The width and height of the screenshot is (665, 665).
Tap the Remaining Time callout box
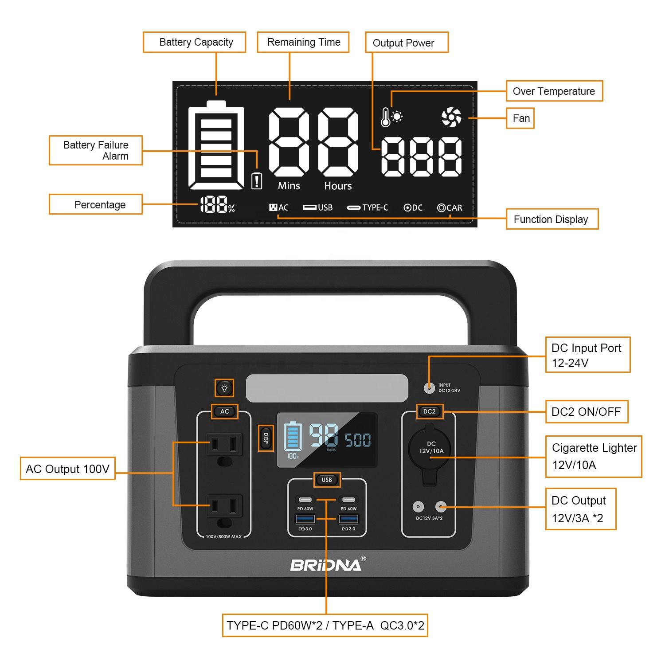tap(303, 43)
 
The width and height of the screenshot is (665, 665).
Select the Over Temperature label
tap(554, 91)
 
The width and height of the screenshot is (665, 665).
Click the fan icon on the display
tap(451, 117)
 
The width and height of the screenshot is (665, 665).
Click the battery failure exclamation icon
tap(257, 181)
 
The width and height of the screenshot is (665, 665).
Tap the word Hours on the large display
tap(338, 186)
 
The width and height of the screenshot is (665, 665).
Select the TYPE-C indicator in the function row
tap(368, 207)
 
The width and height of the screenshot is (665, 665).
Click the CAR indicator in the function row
tap(450, 207)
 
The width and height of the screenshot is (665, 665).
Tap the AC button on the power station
tap(225, 411)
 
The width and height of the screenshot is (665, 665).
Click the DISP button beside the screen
tap(266, 438)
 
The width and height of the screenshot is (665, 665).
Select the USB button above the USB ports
tap(327, 480)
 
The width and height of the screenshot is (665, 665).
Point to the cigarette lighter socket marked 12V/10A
tap(429, 448)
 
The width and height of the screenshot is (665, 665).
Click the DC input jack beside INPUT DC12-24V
tap(429, 388)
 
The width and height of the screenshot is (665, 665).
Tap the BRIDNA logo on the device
tap(326, 565)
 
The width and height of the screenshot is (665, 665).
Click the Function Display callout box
tap(552, 219)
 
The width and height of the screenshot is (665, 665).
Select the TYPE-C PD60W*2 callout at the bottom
tap(325, 626)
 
